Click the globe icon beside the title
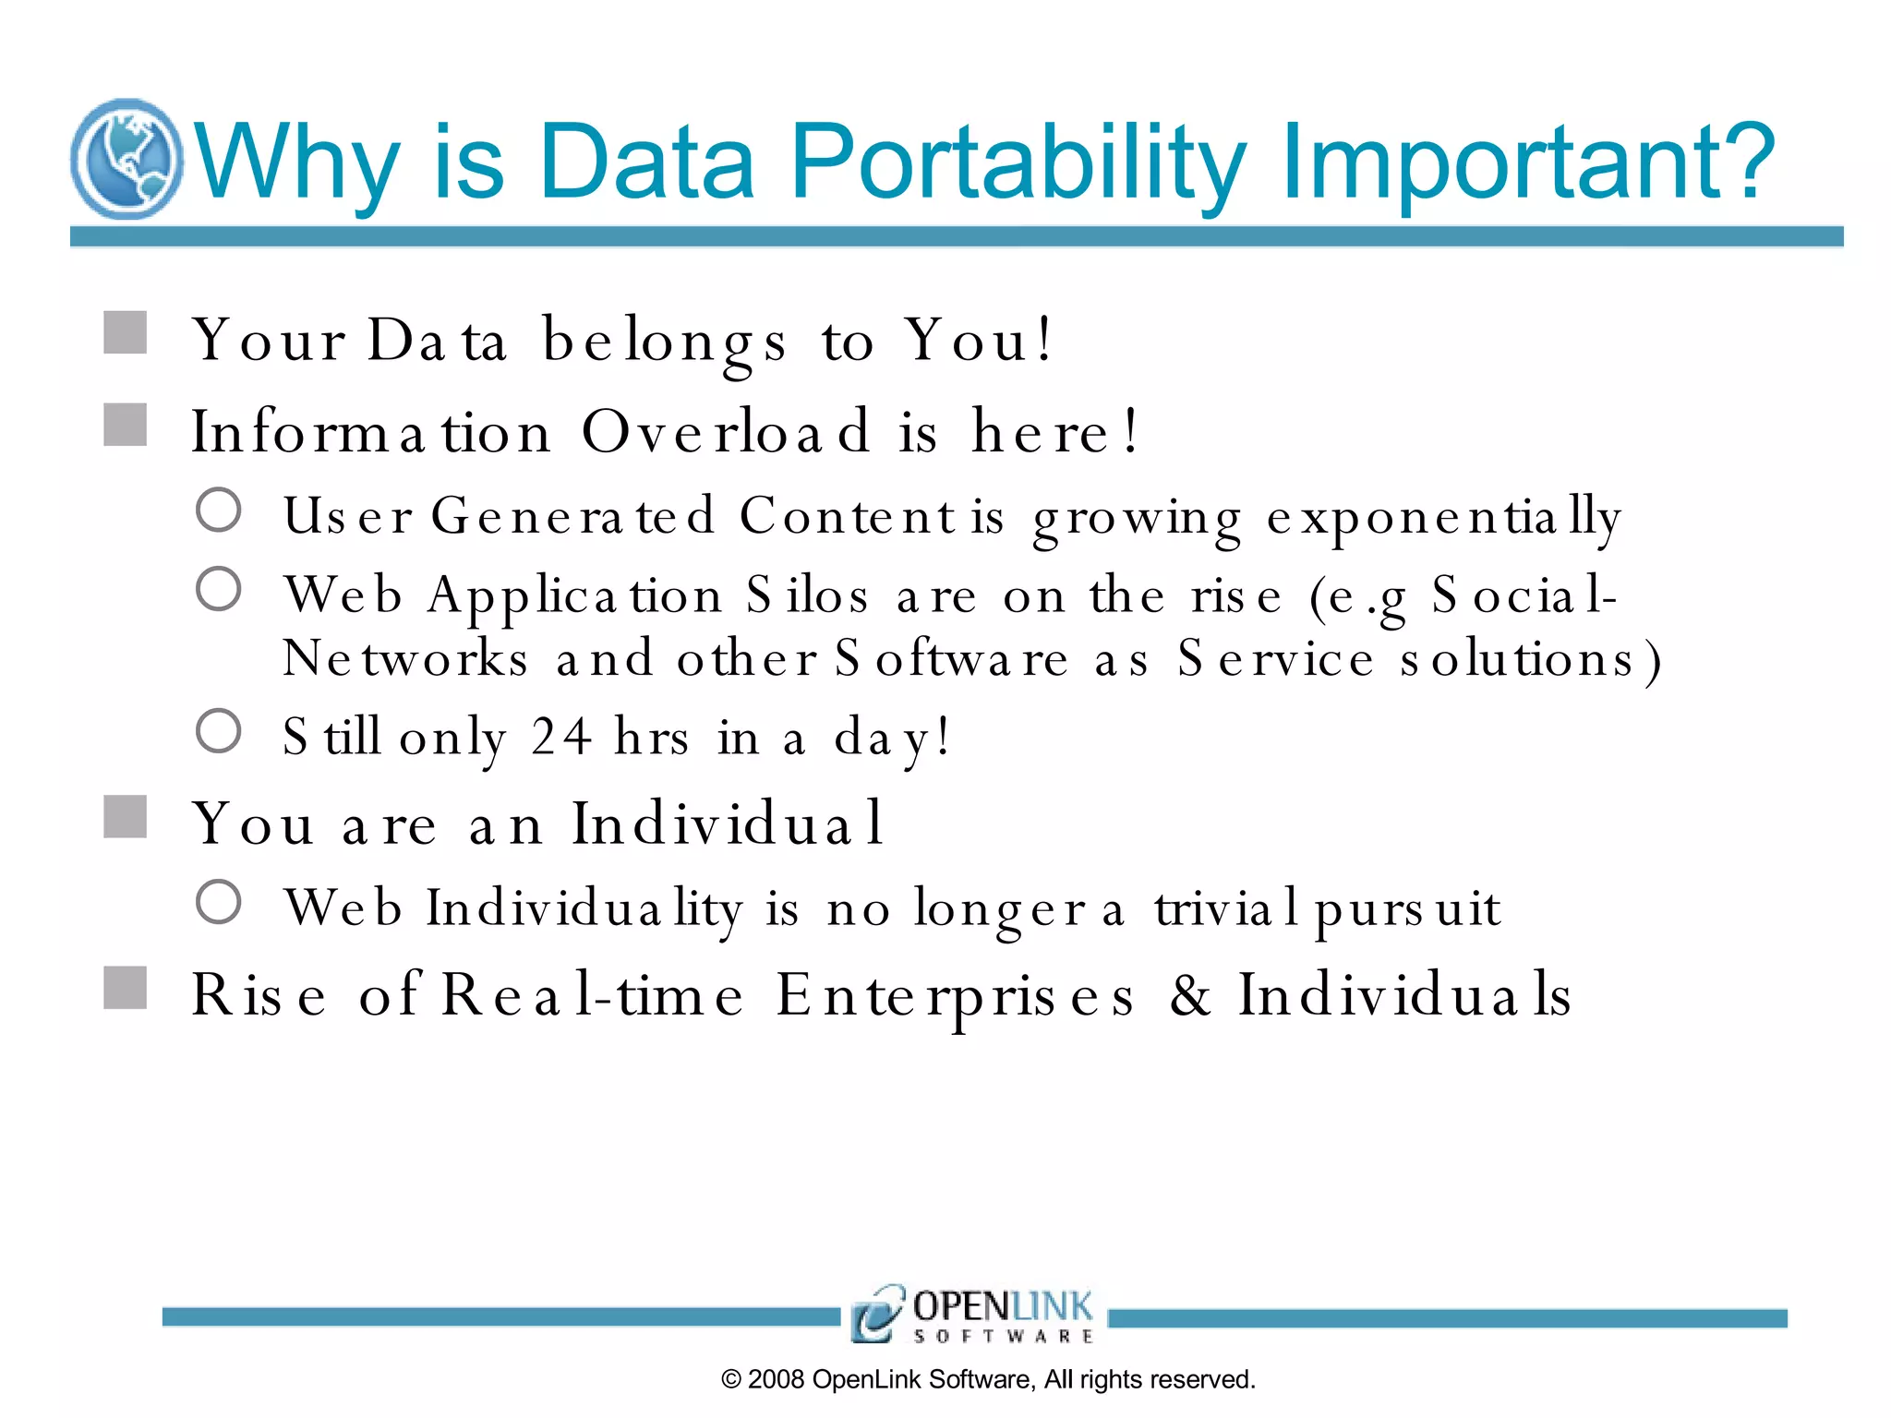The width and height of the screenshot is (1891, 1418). pyautogui.click(x=126, y=159)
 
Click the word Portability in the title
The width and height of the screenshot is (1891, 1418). pyautogui.click(x=1018, y=162)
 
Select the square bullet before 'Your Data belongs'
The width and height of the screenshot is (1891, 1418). pyautogui.click(x=126, y=333)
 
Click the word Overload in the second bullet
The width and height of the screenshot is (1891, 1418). pyautogui.click(x=726, y=431)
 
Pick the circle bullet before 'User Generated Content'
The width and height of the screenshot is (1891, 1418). pyautogui.click(x=219, y=510)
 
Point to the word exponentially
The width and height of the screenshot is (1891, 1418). pyautogui.click(x=1443, y=517)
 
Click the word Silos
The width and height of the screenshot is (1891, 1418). pyautogui.click(x=807, y=595)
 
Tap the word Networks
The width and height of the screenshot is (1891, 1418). pyautogui.click(x=405, y=659)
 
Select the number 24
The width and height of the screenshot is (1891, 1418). pyautogui.click(x=560, y=737)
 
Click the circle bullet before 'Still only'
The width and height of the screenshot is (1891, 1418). pyautogui.click(x=219, y=731)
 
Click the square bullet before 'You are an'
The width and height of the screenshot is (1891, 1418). pyautogui.click(x=126, y=817)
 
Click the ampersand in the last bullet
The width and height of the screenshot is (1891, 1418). pyautogui.click(x=1190, y=995)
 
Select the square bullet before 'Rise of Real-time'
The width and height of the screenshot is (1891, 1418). pyautogui.click(x=126, y=988)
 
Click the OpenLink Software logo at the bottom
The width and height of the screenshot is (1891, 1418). pyautogui.click(x=972, y=1313)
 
